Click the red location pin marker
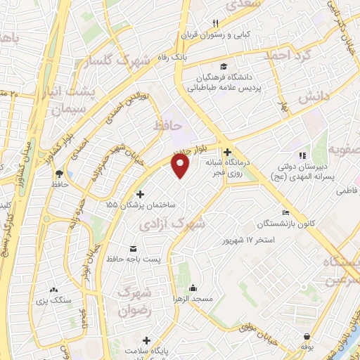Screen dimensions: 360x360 [x=181, y=166]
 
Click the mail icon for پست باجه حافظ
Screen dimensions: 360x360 [x=134, y=248]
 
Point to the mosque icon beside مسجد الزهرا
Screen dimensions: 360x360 [x=193, y=288]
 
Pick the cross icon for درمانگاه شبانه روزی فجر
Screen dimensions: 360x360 [x=226, y=152]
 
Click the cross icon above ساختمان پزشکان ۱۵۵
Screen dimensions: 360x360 [x=140, y=194]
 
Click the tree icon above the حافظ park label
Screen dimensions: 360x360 [x=59, y=173]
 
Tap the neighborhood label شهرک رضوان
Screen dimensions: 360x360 [x=135, y=300]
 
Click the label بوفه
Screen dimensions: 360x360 [x=306, y=347]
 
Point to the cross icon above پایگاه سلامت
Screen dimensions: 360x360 [x=146, y=340]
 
